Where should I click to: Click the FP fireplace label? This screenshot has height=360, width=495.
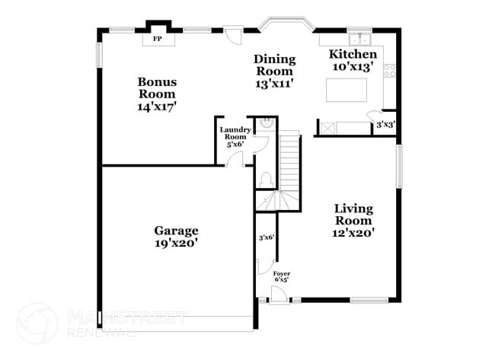click(x=158, y=38)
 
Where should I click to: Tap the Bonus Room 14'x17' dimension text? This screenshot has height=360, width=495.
click(x=157, y=107)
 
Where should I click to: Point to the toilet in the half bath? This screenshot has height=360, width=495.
click(x=266, y=179)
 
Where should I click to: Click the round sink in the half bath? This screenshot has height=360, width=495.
click(x=266, y=122)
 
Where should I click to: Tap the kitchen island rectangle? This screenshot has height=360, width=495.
click(x=346, y=90)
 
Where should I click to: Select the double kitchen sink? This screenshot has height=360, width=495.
click(x=358, y=38)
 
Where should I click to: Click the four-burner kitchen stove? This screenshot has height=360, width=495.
click(x=389, y=71)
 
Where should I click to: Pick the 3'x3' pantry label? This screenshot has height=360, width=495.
click(x=385, y=124)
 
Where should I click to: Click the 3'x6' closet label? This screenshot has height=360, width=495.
click(x=266, y=237)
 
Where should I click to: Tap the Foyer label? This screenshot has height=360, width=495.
click(x=281, y=276)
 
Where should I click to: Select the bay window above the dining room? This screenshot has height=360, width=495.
click(x=285, y=24)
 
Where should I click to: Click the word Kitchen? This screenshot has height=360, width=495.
click(x=352, y=55)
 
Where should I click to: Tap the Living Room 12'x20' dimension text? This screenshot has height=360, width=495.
click(x=354, y=233)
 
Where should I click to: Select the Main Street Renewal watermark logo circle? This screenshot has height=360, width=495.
click(x=37, y=323)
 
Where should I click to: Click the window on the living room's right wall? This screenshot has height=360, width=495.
click(x=398, y=166)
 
